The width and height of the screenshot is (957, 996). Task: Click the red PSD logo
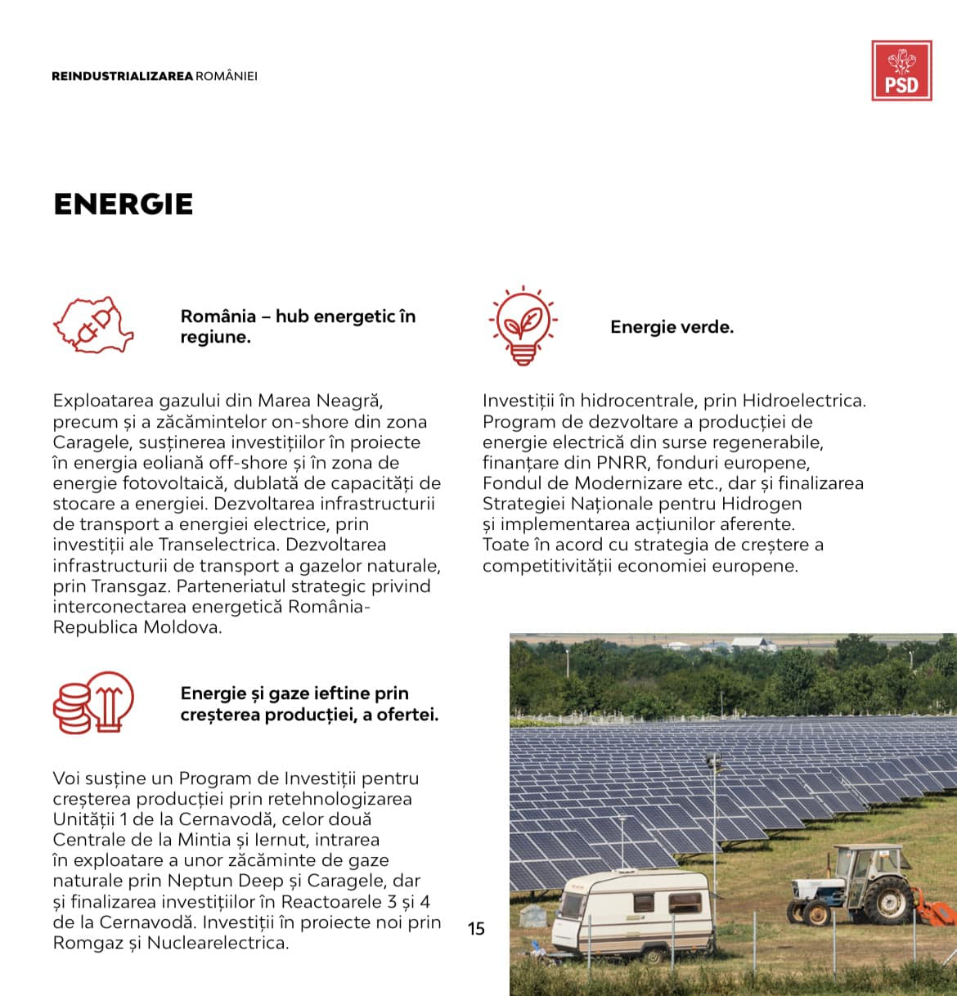click(901, 71)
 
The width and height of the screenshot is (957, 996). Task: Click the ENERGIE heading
click(124, 204)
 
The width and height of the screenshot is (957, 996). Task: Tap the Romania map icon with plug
click(93, 325)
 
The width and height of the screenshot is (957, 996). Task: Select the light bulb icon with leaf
click(523, 325)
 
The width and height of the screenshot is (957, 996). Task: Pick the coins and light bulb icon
click(93, 702)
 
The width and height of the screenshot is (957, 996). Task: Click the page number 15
click(476, 928)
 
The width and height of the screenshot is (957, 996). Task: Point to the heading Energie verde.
click(672, 327)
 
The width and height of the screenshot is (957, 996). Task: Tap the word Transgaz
click(130, 586)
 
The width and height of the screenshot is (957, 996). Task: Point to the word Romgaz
click(87, 943)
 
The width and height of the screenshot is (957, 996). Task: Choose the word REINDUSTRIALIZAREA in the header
click(122, 76)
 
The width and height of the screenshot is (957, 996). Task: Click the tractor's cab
click(867, 861)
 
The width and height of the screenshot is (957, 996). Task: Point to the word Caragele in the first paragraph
click(87, 442)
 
